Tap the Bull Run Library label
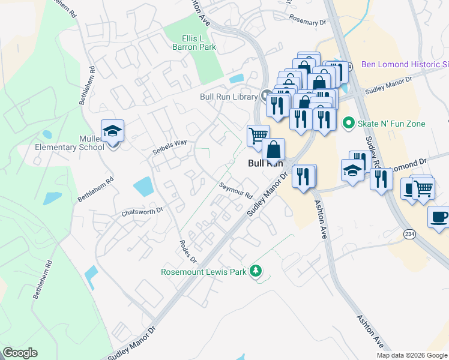tap(229, 96)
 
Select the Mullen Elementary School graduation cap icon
tap(112, 131)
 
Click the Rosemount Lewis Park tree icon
tap(256, 271)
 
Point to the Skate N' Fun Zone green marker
tap(348, 124)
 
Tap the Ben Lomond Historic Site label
tap(405, 64)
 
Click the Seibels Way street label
tap(169, 143)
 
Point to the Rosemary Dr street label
tap(307, 22)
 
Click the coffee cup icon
tap(439, 217)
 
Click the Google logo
tap(20, 353)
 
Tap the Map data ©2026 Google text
tap(411, 355)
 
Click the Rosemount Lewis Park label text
tap(203, 272)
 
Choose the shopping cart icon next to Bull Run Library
tap(258, 135)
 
